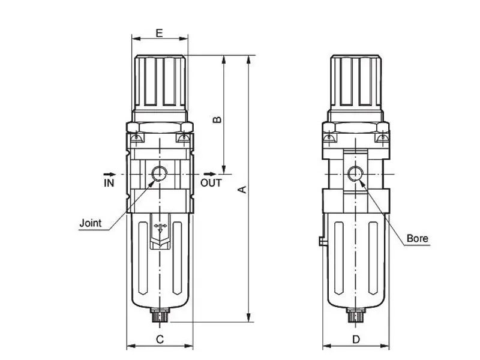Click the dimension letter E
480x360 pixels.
(159, 33)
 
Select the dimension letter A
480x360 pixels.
(242, 190)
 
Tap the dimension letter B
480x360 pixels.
(217, 119)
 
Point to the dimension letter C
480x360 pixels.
(160, 339)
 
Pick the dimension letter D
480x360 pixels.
(356, 339)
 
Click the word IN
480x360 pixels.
(109, 183)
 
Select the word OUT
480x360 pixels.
(211, 183)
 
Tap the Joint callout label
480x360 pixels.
(91, 223)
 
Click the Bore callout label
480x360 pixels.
(417, 238)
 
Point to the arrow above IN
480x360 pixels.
(110, 174)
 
